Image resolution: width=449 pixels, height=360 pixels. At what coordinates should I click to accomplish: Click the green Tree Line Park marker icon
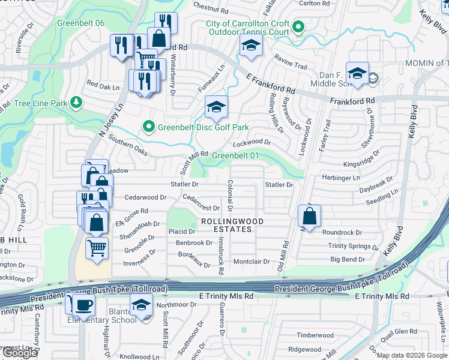tap(76, 103)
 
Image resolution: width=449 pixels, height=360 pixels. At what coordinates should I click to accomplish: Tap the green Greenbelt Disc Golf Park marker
tap(148, 127)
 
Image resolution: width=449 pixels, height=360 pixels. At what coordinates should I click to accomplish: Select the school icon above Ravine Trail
tap(250, 46)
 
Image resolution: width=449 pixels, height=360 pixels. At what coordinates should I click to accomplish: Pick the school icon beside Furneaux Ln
tap(216, 107)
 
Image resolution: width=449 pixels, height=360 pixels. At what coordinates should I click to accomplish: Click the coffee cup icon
tap(83, 305)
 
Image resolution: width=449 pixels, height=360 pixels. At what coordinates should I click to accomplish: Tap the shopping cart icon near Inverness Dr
tap(97, 247)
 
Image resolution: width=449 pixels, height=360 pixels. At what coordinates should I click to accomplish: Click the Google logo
tap(20, 353)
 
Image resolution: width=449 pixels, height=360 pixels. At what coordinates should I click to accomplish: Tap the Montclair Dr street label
tap(252, 262)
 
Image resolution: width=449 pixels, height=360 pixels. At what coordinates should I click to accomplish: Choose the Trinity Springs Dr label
tap(354, 246)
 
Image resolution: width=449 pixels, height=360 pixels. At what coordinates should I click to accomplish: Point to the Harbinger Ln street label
tap(357, 178)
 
